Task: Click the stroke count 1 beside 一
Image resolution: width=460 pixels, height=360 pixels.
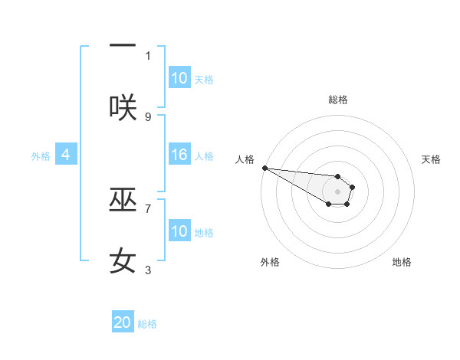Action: click(148, 55)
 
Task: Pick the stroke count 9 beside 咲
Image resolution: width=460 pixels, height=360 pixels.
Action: click(148, 116)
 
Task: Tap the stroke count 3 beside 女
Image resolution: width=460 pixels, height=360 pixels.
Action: click(148, 270)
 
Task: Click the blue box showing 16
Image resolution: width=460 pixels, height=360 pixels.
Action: click(179, 155)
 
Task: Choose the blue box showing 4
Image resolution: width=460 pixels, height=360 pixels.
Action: click(66, 155)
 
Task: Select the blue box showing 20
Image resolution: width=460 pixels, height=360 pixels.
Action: click(123, 322)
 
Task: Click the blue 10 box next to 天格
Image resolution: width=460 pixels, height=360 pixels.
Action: click(179, 78)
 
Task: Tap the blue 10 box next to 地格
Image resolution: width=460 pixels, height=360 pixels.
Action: click(179, 231)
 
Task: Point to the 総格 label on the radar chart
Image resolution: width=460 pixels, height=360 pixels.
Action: click(338, 100)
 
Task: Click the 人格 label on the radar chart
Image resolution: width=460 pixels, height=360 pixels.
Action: click(245, 159)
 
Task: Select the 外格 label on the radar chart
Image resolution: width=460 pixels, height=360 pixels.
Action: click(270, 262)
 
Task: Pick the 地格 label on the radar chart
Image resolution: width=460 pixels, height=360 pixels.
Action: click(402, 262)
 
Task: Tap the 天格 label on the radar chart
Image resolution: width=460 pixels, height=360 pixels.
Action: click(432, 159)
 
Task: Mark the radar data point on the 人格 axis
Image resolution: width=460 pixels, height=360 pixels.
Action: click(264, 168)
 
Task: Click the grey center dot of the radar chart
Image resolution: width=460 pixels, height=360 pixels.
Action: click(338, 191)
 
